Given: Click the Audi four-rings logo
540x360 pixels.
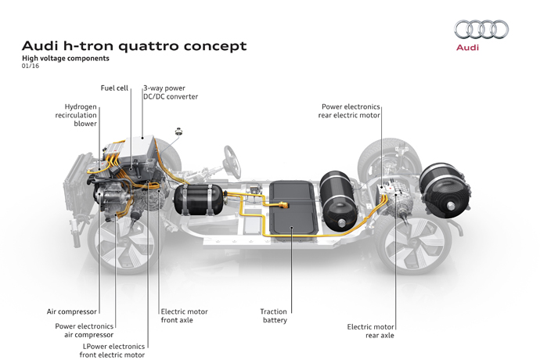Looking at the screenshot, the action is (481, 29).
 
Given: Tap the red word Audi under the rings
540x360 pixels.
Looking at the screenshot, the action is (467, 47).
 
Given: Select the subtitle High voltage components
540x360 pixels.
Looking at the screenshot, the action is (66, 58).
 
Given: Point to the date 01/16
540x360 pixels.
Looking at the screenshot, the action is (31, 66).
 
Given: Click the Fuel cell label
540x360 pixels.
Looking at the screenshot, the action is (114, 88).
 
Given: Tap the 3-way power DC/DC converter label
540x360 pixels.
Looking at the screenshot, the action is (171, 92).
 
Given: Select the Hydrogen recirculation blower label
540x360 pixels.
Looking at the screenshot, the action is (76, 115).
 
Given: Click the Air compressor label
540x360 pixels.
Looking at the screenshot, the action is (72, 311).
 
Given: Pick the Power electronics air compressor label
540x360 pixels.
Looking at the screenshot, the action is (84, 330).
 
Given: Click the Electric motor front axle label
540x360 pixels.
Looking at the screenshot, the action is (184, 316).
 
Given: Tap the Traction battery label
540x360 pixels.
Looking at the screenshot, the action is (274, 316).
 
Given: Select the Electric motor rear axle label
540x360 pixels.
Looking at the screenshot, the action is (370, 331).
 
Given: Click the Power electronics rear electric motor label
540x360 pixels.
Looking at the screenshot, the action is (349, 111).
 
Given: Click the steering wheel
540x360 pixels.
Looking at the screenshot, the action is (232, 161).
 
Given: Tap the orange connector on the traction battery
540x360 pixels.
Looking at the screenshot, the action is (282, 205).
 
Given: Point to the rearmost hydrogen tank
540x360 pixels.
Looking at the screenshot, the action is (445, 191).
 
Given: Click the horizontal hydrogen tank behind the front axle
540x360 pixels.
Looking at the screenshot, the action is (200, 199).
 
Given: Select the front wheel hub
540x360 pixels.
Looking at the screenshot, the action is (126, 246).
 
